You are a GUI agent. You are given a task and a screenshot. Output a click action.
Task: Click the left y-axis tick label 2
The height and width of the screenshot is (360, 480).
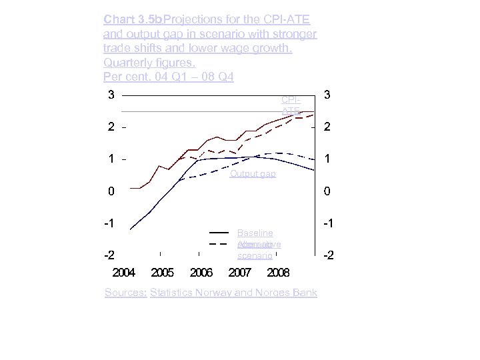[x=112, y=127]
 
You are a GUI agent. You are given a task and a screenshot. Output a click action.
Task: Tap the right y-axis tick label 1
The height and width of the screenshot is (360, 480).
[x=327, y=159]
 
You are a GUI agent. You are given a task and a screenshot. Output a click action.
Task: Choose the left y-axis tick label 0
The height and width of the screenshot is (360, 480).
[x=112, y=191]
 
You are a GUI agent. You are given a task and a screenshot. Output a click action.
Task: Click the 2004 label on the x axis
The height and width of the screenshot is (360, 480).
[x=124, y=273]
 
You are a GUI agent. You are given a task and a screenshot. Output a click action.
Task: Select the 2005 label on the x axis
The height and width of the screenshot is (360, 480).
[x=163, y=273]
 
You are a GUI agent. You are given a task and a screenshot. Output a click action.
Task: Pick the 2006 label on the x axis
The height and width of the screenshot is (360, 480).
[x=201, y=273]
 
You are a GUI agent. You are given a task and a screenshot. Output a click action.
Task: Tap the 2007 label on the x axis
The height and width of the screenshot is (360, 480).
[x=239, y=273]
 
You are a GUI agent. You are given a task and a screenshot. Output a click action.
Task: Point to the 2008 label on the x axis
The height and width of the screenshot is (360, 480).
[x=278, y=273]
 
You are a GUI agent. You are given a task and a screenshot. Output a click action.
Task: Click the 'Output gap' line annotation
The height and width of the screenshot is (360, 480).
[x=253, y=174]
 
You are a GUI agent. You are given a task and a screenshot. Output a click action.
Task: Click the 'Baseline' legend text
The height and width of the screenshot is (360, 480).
[x=255, y=233]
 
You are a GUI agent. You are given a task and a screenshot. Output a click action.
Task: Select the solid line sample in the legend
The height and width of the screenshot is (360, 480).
[x=219, y=232]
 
